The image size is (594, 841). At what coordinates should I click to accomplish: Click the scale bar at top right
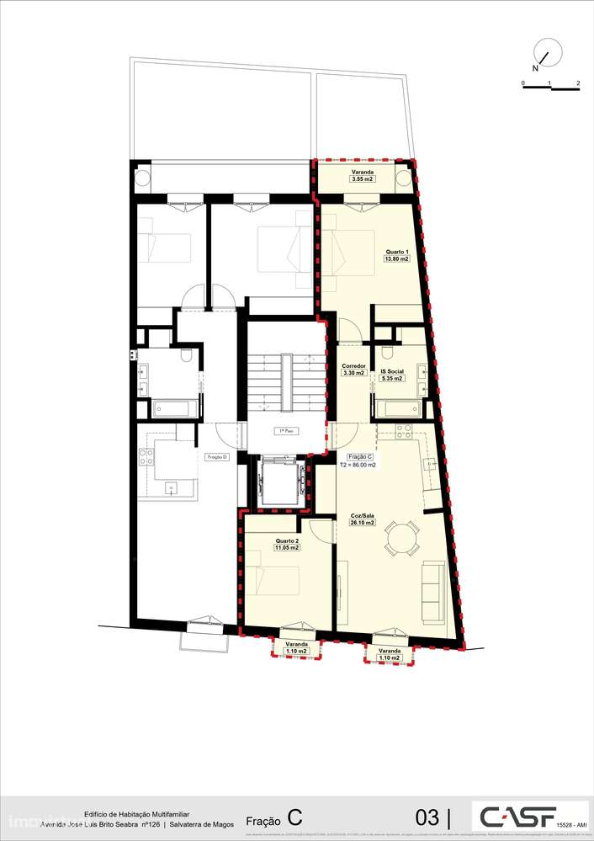550,87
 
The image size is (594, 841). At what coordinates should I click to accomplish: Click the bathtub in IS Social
397,409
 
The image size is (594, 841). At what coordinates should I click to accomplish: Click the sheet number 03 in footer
427,817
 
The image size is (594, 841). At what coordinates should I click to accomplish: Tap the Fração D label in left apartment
218,456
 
